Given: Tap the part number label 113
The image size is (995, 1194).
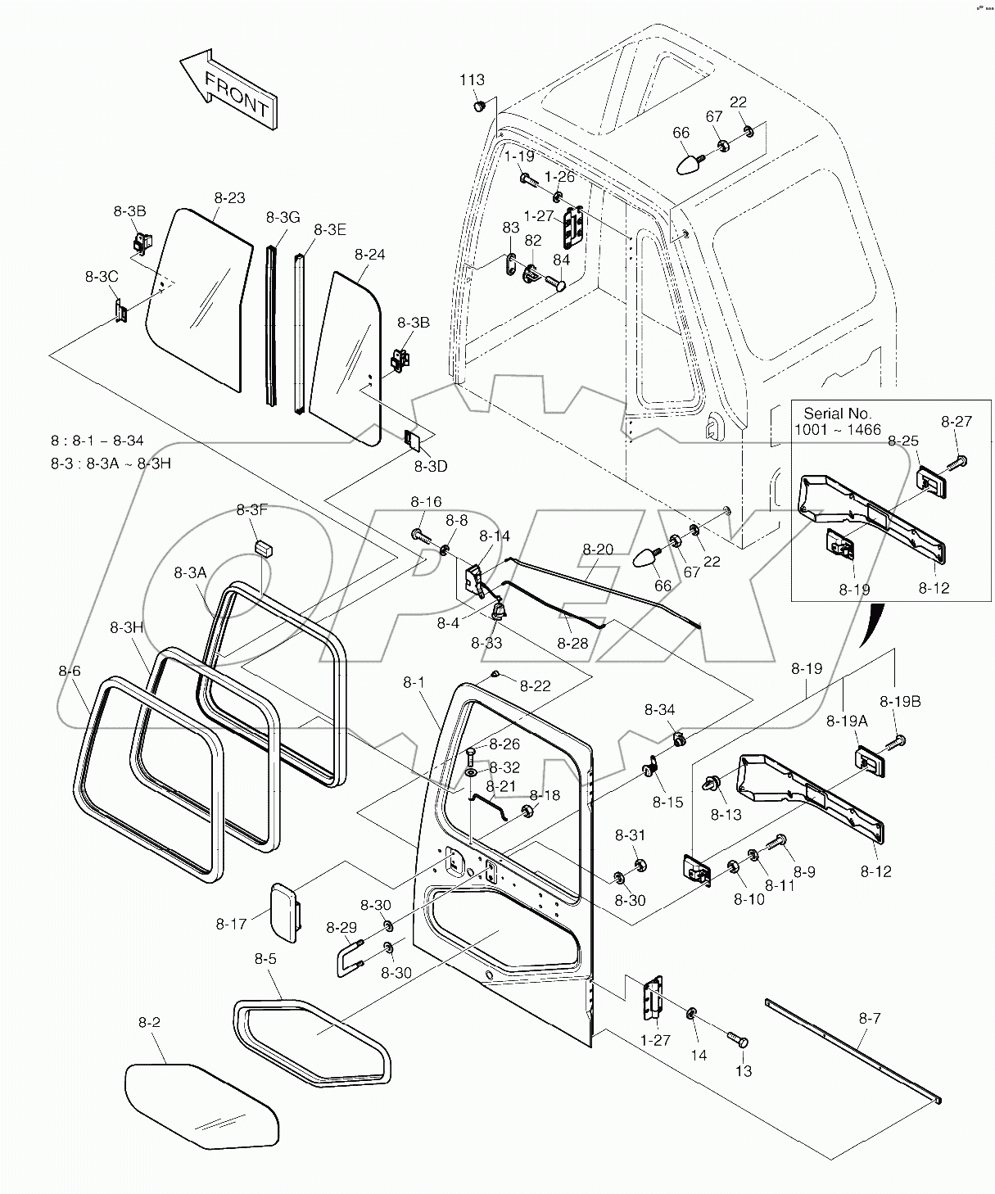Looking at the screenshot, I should click(472, 79).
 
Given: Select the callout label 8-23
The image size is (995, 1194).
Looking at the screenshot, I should click(230, 197).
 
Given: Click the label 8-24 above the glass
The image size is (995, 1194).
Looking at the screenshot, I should click(369, 255).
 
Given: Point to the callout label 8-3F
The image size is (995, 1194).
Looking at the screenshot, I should click(251, 509).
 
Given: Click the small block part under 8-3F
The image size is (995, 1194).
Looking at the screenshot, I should click(263, 546).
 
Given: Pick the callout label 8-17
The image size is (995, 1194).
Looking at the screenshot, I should click(231, 924).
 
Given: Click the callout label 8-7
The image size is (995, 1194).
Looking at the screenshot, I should click(870, 1018).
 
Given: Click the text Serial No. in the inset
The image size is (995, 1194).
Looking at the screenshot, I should click(838, 414).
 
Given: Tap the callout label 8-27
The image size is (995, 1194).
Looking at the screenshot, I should click(956, 422).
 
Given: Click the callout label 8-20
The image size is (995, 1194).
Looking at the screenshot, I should click(598, 549).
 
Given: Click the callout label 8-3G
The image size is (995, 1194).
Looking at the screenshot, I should click(283, 216).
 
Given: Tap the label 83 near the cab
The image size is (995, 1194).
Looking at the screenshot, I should click(510, 227).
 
